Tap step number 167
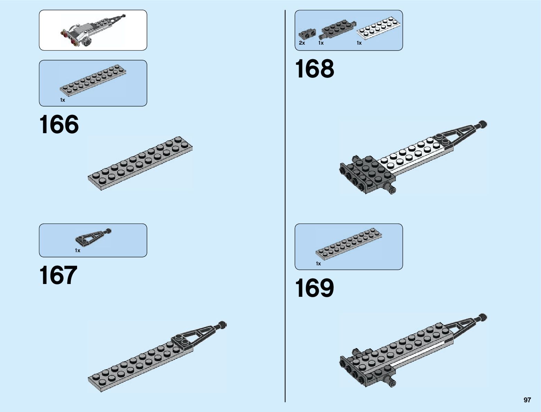coord(58,275)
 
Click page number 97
coord(527,400)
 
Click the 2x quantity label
coord(302,43)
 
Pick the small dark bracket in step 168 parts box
coord(307,33)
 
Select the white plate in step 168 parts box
coord(379,28)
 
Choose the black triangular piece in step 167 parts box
coord(91,237)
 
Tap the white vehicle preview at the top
coord(92,30)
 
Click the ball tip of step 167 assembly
coord(222,324)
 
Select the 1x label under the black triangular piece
coord(77,250)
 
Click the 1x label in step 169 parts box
coord(318,264)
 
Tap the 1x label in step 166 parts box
coord(63,100)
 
